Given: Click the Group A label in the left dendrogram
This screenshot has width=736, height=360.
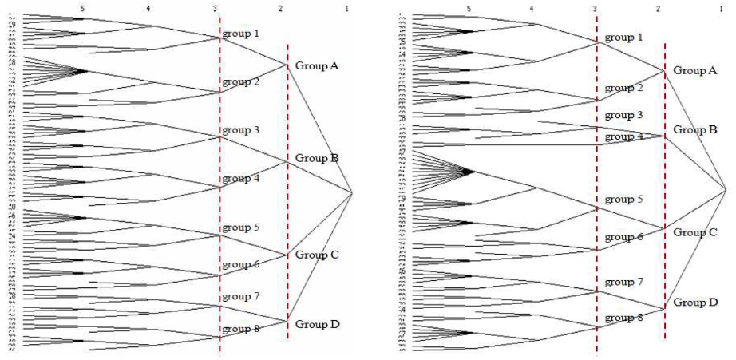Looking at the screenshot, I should [317, 65].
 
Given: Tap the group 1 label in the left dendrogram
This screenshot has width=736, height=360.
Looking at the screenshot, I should [240, 34].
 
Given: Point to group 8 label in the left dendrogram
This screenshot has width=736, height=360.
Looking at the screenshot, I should [240, 328].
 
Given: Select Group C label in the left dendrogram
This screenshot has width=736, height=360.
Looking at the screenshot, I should [317, 255].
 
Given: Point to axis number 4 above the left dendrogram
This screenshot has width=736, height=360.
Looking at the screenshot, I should [149, 8].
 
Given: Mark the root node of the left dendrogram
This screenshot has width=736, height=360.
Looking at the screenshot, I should [352, 192].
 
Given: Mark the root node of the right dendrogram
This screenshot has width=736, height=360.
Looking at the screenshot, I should [726, 189].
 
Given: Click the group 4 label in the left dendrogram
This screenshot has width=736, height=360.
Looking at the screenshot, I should [240, 179].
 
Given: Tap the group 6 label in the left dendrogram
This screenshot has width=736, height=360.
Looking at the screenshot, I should [240, 264].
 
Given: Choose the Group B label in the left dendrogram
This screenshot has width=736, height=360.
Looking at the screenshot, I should [317, 158].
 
